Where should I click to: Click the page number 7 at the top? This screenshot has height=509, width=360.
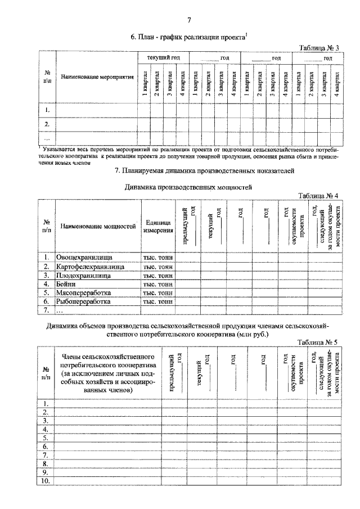189,21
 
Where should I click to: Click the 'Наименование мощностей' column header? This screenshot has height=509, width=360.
98,227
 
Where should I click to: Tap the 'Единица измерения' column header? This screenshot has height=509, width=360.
157,227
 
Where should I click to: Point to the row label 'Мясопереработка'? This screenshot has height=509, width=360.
83,292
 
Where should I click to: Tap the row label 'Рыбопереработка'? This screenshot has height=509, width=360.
83,301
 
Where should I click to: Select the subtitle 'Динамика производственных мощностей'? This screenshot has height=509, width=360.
188,186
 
